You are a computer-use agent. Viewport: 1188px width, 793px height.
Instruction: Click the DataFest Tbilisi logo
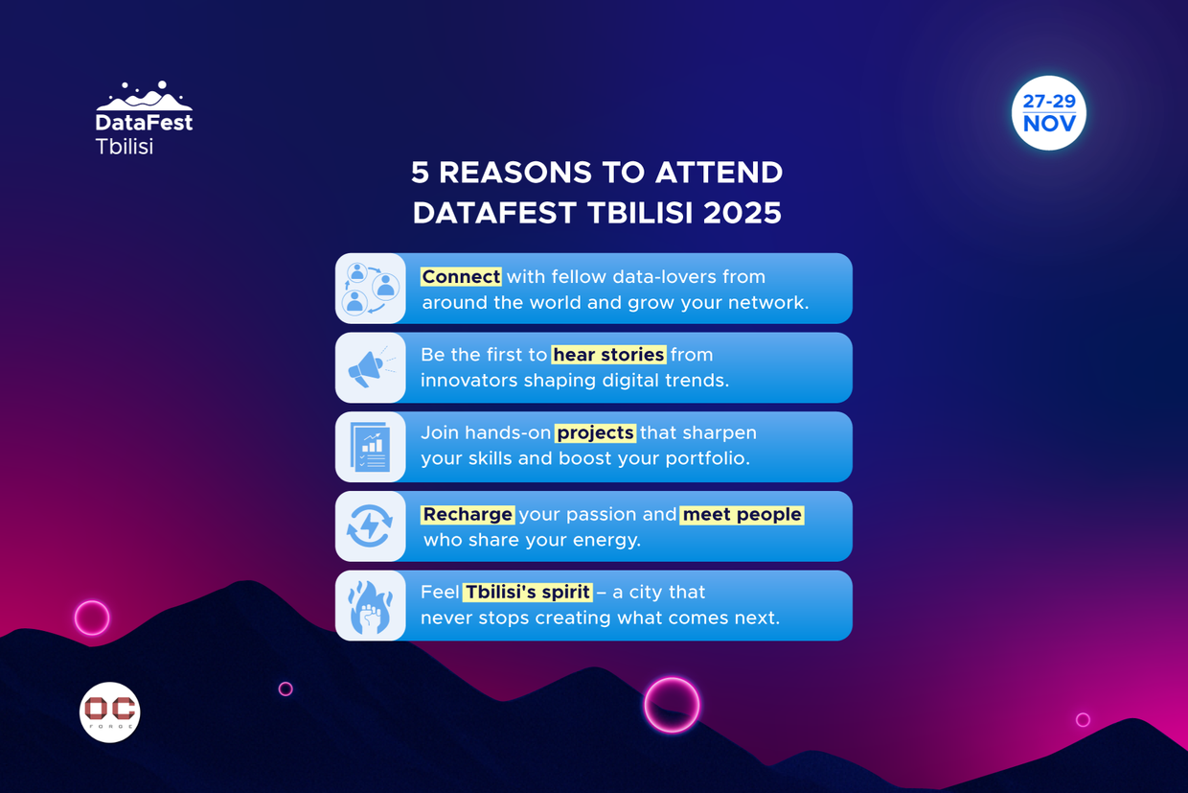(144, 119)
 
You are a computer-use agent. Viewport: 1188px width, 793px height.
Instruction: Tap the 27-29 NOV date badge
(1048, 113)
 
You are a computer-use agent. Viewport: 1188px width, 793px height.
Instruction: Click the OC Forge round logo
(110, 711)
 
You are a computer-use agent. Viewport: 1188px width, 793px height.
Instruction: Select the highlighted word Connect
(461, 276)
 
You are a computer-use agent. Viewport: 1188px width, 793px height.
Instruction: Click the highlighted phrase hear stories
(608, 355)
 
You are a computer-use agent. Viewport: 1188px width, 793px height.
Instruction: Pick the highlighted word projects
(595, 432)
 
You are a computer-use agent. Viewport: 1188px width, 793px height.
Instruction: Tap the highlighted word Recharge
(468, 514)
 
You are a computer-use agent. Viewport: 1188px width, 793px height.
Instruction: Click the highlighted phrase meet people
(742, 514)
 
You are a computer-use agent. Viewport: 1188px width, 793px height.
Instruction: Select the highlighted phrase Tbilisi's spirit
(527, 592)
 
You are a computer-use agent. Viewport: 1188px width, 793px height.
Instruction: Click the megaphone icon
(370, 367)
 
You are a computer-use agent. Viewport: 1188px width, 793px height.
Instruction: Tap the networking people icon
(370, 289)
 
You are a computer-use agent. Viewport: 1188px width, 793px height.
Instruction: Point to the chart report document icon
(370, 447)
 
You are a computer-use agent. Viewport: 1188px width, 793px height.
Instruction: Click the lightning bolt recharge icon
(370, 526)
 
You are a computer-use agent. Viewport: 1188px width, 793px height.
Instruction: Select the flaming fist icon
(370, 606)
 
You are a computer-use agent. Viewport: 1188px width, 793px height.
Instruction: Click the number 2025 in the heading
(742, 213)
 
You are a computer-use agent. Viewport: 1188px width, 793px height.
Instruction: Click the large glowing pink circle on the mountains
(672, 705)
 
